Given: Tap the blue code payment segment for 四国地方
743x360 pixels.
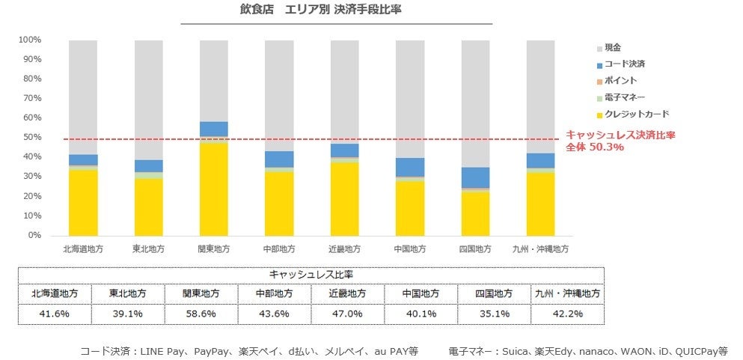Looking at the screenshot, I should click(x=476, y=177).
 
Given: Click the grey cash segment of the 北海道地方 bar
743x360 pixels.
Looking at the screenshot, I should click(x=83, y=97).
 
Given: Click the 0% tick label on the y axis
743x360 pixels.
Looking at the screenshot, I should click(x=34, y=235).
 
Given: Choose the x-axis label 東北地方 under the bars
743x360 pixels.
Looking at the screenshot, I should click(x=149, y=248).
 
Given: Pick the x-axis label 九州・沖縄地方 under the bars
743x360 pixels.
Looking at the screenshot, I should click(x=540, y=248).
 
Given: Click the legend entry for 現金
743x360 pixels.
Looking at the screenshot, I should click(x=612, y=47).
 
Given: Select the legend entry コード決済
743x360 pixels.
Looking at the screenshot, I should click(x=624, y=64).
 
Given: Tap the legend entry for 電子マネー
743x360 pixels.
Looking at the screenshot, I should click(x=624, y=97).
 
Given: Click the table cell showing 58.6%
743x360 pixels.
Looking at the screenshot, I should click(x=201, y=314).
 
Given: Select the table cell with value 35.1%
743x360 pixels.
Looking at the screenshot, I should click(x=494, y=314).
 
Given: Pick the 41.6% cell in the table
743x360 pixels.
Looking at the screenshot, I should click(x=54, y=314).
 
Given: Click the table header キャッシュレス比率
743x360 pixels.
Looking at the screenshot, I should click(x=311, y=275).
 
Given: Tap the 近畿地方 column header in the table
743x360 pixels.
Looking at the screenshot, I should click(x=347, y=293).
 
